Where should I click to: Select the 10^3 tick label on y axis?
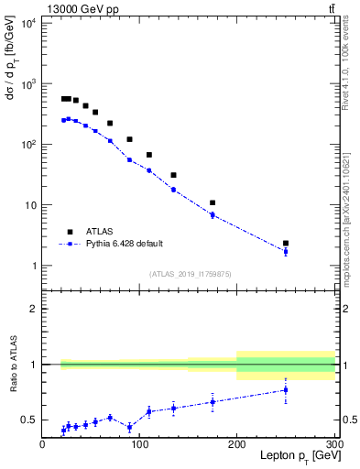click(x=27, y=83)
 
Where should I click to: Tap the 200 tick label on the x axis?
click(x=238, y=442)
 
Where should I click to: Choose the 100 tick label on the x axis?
click(x=140, y=442)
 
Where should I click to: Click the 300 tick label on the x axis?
click(x=333, y=442)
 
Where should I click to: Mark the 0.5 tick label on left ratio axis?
click(x=30, y=420)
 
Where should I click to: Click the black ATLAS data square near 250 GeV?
click(x=286, y=244)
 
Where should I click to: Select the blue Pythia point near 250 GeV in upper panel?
click(x=286, y=251)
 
